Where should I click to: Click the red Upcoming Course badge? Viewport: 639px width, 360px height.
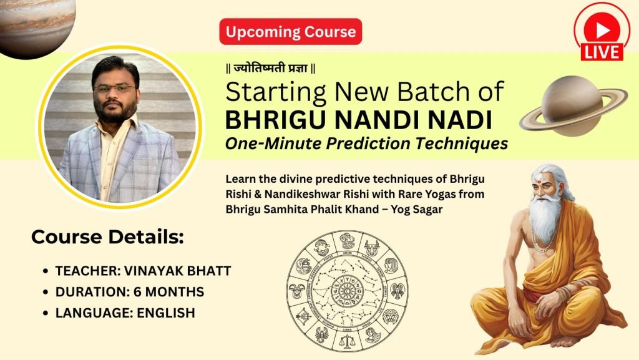click(x=290, y=31)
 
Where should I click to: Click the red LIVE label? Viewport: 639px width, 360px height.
click(x=602, y=52)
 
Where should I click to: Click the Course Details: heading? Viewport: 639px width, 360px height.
click(x=107, y=237)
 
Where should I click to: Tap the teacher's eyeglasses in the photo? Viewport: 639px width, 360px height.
click(x=115, y=89)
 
